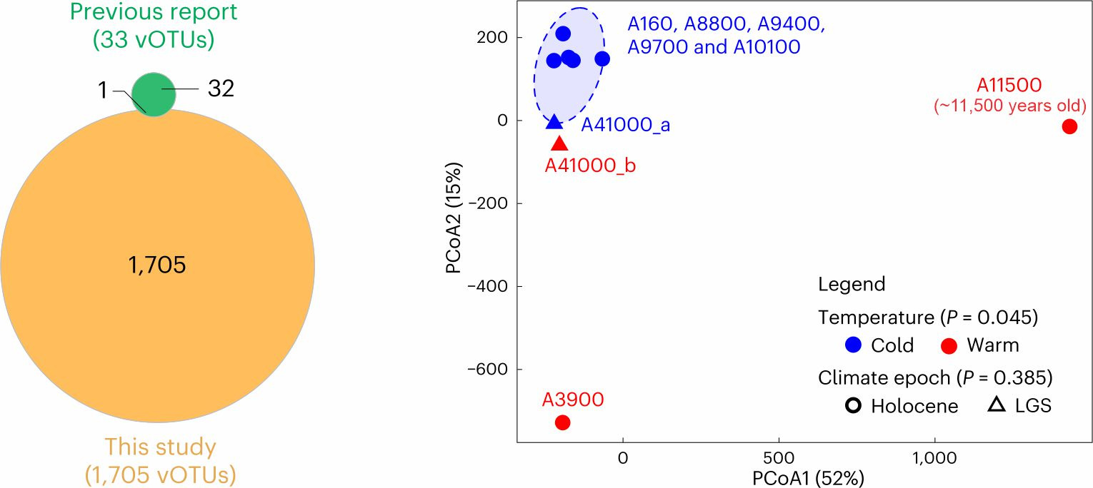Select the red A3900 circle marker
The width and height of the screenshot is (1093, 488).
562,422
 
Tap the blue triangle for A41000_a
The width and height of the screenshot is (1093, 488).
554,123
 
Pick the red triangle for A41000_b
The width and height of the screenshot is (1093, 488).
560,144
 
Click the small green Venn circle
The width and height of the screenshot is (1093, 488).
154,93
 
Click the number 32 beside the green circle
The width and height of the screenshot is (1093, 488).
221,88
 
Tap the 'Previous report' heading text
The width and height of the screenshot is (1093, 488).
154,12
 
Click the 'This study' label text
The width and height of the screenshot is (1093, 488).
160,447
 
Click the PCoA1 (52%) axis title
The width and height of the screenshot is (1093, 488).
808,477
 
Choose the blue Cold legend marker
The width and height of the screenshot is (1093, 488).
852,345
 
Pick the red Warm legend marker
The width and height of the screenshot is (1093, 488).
949,345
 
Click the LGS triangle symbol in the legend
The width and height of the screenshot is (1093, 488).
997,406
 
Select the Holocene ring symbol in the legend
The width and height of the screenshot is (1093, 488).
852,406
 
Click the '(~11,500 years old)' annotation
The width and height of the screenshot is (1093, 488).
1010,107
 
